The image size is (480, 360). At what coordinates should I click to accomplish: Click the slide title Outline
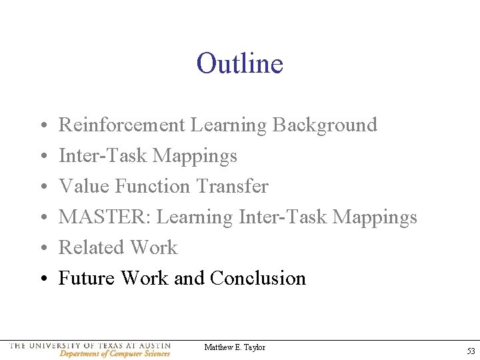click(240, 64)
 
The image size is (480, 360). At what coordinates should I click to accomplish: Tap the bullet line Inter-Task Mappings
click(148, 156)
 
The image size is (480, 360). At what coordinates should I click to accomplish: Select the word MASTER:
click(105, 217)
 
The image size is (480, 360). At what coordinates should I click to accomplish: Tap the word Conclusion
click(257, 278)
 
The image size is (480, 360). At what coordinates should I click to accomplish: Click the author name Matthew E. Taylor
click(235, 347)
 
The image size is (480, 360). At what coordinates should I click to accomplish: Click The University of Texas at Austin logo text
click(90, 346)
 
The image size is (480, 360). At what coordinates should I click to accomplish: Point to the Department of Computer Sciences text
click(115, 354)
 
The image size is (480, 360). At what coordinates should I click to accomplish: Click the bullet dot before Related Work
click(42, 248)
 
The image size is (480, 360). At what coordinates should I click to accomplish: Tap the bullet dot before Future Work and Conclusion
click(42, 279)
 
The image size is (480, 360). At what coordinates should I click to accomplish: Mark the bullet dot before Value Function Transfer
click(42, 187)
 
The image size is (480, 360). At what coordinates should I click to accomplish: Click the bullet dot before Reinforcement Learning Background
click(42, 125)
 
